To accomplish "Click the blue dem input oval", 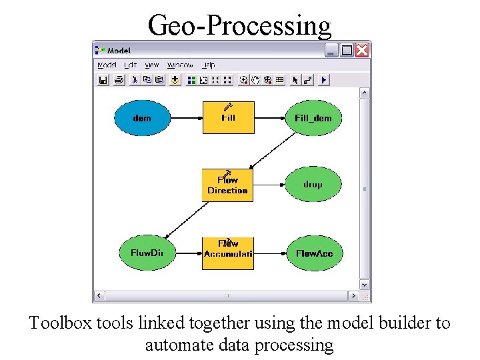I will pos(142,118).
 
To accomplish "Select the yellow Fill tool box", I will pos(228,118).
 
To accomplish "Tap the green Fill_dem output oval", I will pos(313,118).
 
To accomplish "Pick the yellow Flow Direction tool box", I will pos(228,185).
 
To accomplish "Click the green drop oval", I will pos(313,185).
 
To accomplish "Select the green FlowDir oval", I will pos(147,253).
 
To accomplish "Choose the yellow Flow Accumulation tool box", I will pos(228,253).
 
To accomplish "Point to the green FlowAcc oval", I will pos(313,253).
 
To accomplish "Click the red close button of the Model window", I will pos(362,50).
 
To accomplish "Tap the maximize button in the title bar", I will pos(347,50).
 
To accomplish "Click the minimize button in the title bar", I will pos(332,50).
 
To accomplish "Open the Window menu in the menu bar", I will pos(180,65).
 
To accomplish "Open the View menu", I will pos(152,65).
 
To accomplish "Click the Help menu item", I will pos(209,65).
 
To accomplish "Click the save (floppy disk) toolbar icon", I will pos(103,80).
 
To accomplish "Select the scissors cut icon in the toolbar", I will pos(133,80).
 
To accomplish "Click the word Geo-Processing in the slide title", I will pos(239,25).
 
